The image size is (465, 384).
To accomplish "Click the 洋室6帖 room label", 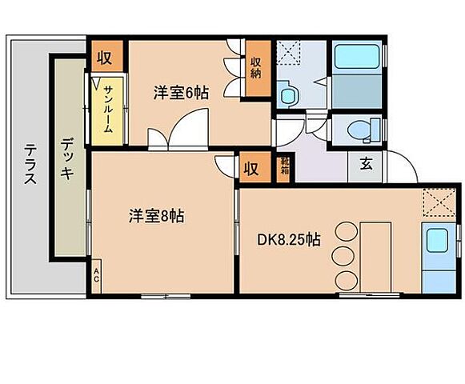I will click(181, 93).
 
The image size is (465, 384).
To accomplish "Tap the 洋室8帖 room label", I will click(158, 216).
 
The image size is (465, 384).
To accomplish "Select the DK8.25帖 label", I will click(289, 239).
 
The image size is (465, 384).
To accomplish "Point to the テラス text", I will click(30, 163).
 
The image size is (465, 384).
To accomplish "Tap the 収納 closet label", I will click(256, 69).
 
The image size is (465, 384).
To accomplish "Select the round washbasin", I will click(287, 92).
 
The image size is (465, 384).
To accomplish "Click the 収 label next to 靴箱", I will click(251, 169).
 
